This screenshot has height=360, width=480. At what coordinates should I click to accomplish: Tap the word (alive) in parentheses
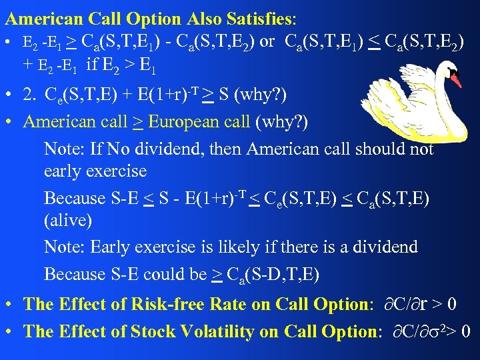[68, 220]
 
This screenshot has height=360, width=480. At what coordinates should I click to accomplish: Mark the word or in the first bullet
[267, 43]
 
